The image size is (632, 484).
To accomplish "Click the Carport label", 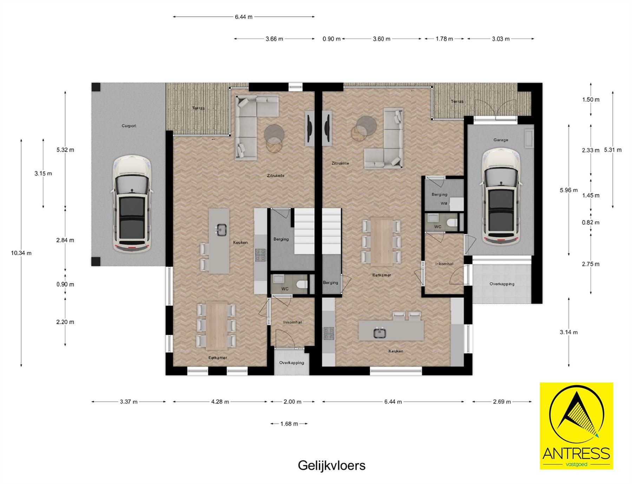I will tap(129, 126).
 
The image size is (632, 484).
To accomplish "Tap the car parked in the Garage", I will tap(501, 197).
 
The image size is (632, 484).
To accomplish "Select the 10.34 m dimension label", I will tap(21, 253).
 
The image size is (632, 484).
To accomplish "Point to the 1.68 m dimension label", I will tap(289, 424).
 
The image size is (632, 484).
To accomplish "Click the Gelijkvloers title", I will tap(331, 465).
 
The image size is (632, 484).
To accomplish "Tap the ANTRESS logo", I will tap(576, 426).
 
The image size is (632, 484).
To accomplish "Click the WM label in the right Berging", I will tap(444, 203).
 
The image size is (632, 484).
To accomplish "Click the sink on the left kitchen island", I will tap(220, 230).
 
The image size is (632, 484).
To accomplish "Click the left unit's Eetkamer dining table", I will tap(217, 325).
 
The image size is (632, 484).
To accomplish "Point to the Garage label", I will tap(500, 140).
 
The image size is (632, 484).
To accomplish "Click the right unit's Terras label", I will tap(457, 102).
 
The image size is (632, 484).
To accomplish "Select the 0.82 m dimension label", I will tap(591, 222).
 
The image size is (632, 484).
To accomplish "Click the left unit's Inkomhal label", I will tap(292, 322).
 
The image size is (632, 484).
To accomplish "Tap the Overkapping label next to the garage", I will tap(502, 284).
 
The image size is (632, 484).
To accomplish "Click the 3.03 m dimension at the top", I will tap(500, 39).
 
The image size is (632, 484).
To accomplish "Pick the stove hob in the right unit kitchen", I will tap(329, 333).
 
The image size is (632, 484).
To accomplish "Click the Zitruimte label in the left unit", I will tap(276, 175).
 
